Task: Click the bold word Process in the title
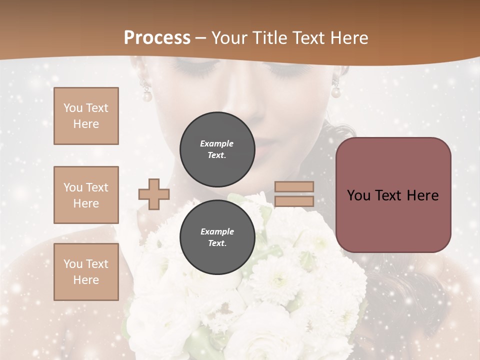click(157, 38)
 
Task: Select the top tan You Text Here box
click(86, 116)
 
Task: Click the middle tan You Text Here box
click(86, 195)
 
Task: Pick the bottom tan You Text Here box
click(86, 272)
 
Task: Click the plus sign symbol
click(153, 194)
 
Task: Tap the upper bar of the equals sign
click(294, 187)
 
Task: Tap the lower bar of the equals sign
click(294, 201)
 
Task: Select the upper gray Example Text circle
click(217, 149)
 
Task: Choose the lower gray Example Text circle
click(217, 237)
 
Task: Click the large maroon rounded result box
click(393, 195)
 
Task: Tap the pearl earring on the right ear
click(336, 91)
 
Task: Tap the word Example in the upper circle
click(217, 143)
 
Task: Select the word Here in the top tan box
click(86, 124)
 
